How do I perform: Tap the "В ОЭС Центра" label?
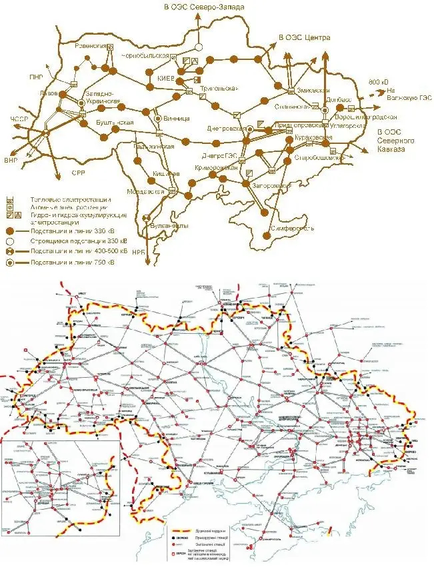304,37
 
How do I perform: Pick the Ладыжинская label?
154,146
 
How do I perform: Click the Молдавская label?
145,192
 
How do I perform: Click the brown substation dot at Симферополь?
265,213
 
